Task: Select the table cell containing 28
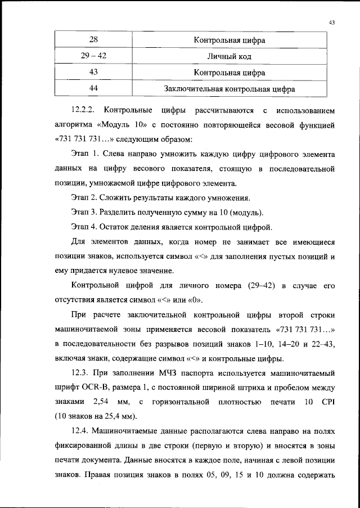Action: tap(93, 41)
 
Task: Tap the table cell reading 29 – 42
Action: tap(93, 57)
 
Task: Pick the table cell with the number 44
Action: tap(93, 89)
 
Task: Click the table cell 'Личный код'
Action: tap(229, 57)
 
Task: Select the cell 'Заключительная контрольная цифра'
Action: tap(229, 89)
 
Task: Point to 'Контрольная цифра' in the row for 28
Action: tap(229, 41)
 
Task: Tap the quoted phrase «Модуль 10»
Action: tap(123, 123)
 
